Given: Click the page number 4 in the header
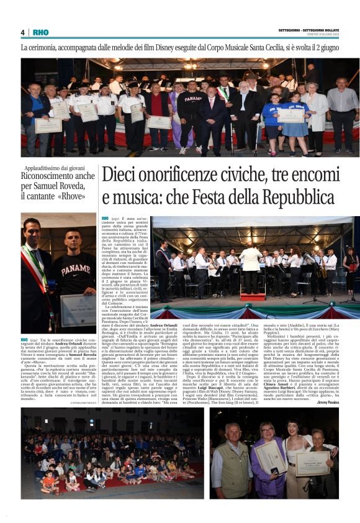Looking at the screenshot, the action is pos(22,32).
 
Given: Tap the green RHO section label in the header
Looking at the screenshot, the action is pos(40,32).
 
